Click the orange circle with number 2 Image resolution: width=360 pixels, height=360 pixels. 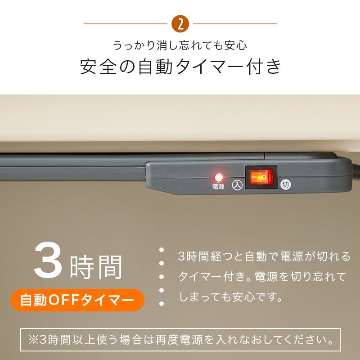click(x=180, y=24)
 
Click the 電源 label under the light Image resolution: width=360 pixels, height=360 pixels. click(x=219, y=186)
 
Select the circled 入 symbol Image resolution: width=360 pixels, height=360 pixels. click(x=238, y=185)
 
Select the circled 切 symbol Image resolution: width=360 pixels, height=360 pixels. click(x=285, y=185)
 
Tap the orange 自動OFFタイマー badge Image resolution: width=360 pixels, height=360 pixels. click(x=77, y=300)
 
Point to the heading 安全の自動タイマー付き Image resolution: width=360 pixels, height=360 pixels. click(x=180, y=67)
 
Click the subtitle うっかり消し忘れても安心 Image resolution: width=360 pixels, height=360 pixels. click(x=180, y=45)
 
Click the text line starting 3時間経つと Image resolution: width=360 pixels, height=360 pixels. click(x=264, y=256)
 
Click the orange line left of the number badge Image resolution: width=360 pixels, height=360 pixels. click(x=126, y=24)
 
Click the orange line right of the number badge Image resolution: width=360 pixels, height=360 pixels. click(x=234, y=24)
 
